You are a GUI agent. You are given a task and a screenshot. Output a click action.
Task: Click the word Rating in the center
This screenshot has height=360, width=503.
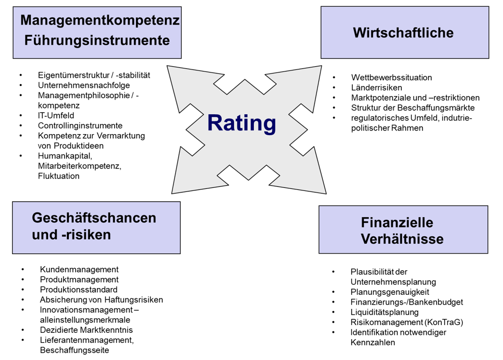pos(241,123)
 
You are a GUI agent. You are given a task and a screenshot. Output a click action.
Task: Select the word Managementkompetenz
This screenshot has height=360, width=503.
pos(100,20)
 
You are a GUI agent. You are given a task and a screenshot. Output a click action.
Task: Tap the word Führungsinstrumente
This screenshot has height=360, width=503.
pos(97,40)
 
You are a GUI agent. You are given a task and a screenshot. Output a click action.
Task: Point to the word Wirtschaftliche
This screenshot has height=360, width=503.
pos(403,33)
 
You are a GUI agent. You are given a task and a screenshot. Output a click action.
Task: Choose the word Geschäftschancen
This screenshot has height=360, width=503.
pos(94,218)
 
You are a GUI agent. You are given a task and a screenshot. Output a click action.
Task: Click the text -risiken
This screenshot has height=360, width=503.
pos(87,235)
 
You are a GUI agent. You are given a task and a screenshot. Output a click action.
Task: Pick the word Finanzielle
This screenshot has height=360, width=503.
pos(397,223)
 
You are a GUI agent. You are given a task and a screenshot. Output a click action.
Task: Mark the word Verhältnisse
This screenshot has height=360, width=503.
pos(402,239)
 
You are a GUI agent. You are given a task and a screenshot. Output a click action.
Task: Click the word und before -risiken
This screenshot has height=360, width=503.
pos(44,235)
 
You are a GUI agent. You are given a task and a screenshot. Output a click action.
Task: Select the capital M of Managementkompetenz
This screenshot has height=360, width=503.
pos(26,20)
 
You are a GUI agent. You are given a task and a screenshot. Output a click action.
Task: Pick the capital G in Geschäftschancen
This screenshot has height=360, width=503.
pos(38,218)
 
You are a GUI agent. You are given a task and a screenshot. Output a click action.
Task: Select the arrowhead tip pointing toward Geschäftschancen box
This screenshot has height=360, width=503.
pos(174,191)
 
